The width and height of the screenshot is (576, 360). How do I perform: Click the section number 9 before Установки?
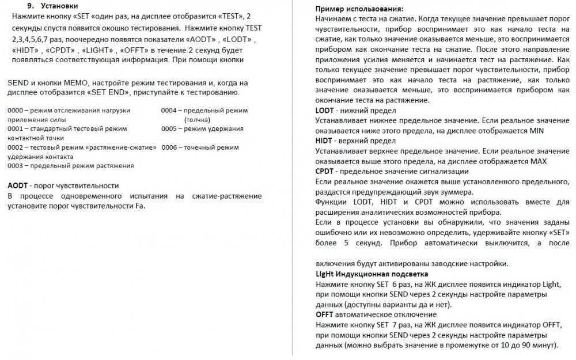pos(30,6)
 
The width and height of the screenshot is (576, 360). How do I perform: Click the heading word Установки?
pos(59,6)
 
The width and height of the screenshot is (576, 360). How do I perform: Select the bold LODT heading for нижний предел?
pos(325,111)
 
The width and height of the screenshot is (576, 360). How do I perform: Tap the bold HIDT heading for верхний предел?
pos(325,141)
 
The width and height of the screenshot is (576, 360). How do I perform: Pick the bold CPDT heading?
pos(325,171)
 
